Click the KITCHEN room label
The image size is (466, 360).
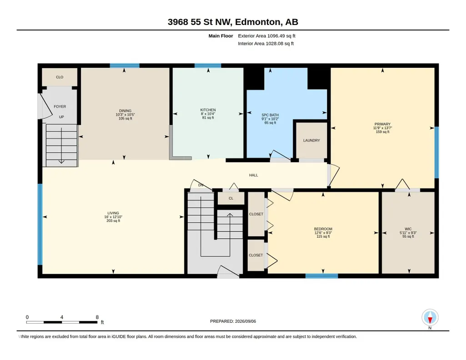208,110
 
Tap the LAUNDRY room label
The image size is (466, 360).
311,140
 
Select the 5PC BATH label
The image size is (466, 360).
270,115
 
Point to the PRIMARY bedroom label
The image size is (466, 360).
382,124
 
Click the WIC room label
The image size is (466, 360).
408,229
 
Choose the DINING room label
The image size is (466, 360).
125,111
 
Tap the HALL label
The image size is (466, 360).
254,175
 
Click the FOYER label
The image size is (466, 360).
60,107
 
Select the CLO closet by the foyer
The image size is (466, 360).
60,77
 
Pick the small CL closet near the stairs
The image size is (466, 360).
231,199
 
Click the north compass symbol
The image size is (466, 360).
430,318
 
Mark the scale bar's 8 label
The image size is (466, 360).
97,317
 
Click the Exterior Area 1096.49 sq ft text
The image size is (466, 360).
266,36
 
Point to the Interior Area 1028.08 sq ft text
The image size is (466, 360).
266,44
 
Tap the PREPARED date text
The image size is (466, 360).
233,321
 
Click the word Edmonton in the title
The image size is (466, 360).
258,22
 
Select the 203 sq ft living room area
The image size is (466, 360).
113,221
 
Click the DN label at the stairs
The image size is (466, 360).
200,185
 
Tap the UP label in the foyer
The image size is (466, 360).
61,117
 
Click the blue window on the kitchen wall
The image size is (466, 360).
208,65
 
